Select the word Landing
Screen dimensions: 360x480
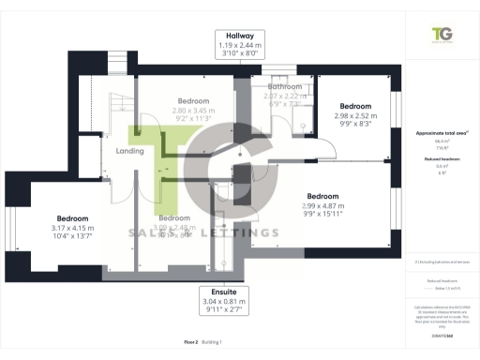point(129,150)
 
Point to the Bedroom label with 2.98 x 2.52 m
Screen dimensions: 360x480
point(355,106)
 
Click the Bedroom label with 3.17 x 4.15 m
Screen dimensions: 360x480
point(71,217)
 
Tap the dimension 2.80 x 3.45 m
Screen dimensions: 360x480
point(193,111)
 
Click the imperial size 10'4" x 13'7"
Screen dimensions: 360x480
point(71,238)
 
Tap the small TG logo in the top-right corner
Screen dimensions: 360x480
point(441,35)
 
